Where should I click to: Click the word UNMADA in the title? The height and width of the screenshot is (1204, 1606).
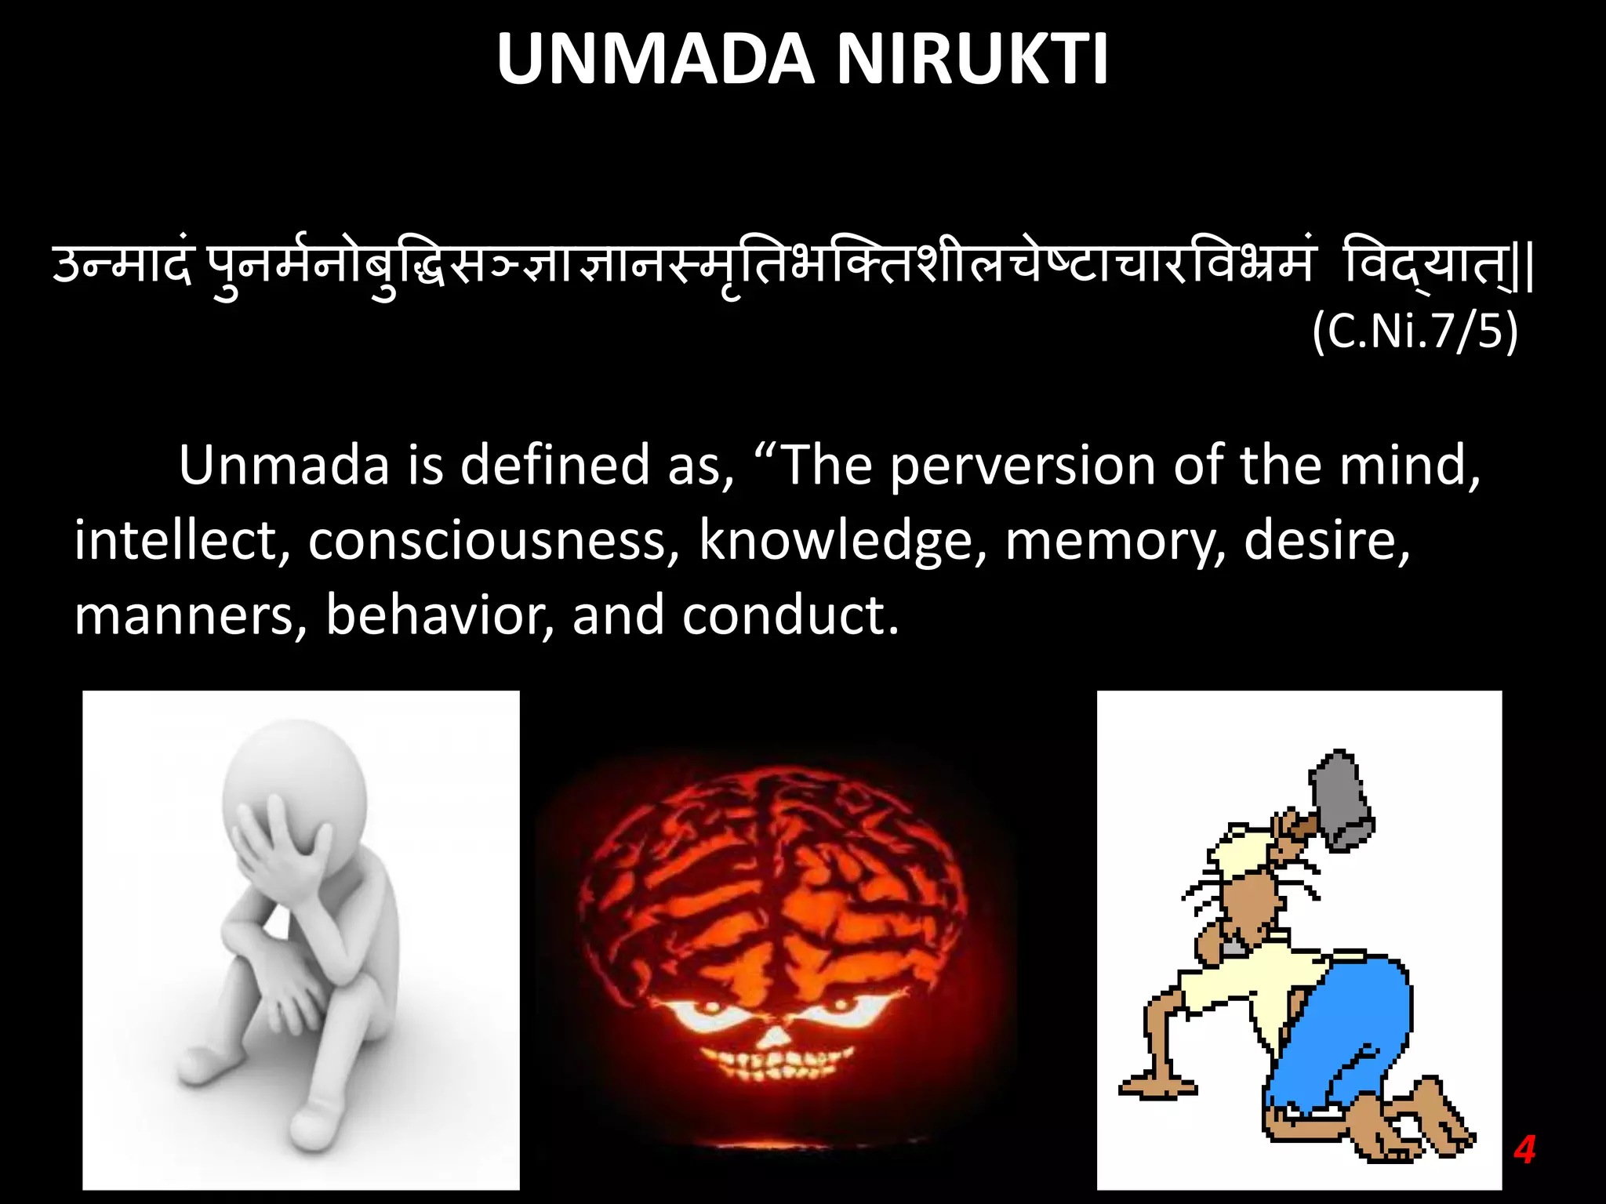656,60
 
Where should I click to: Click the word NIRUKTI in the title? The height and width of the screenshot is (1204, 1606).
972,60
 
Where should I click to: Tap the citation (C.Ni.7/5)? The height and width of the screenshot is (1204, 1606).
1415,332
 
